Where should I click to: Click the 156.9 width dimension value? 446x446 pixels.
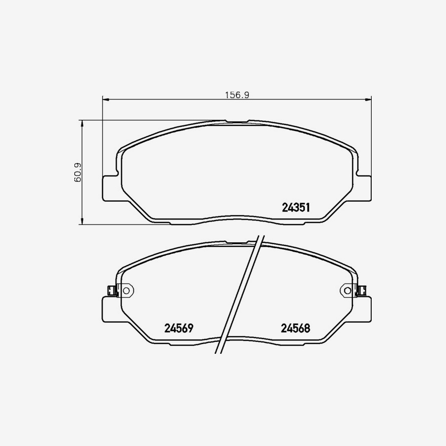237,95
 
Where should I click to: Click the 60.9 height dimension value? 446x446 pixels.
77,172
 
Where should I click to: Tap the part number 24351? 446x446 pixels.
296,207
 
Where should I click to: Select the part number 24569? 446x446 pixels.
179,328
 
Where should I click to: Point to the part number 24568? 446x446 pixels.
295,328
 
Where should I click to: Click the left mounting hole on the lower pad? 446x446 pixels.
126,291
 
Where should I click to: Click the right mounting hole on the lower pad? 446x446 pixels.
347,291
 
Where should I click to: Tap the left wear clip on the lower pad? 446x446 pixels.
111,291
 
